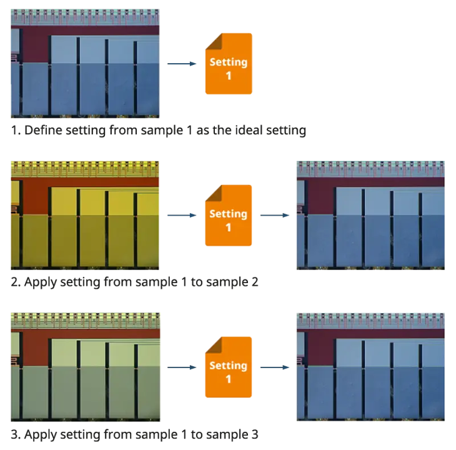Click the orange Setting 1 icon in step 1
(229, 63)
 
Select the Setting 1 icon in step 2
(229, 215)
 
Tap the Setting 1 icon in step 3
(229, 367)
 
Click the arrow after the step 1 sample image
(182, 64)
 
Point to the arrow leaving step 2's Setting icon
(275, 215)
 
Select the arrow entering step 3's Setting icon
(182, 367)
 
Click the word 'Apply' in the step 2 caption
(41, 282)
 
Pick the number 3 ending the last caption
(255, 434)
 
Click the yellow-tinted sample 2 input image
(85, 215)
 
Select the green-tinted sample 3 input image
(86, 367)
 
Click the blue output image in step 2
(370, 215)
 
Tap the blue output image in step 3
(370, 367)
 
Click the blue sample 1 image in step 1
(85, 63)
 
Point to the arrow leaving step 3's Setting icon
(275, 367)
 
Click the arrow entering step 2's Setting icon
(182, 215)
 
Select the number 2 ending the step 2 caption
(255, 282)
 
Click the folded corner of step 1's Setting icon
(213, 41)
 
